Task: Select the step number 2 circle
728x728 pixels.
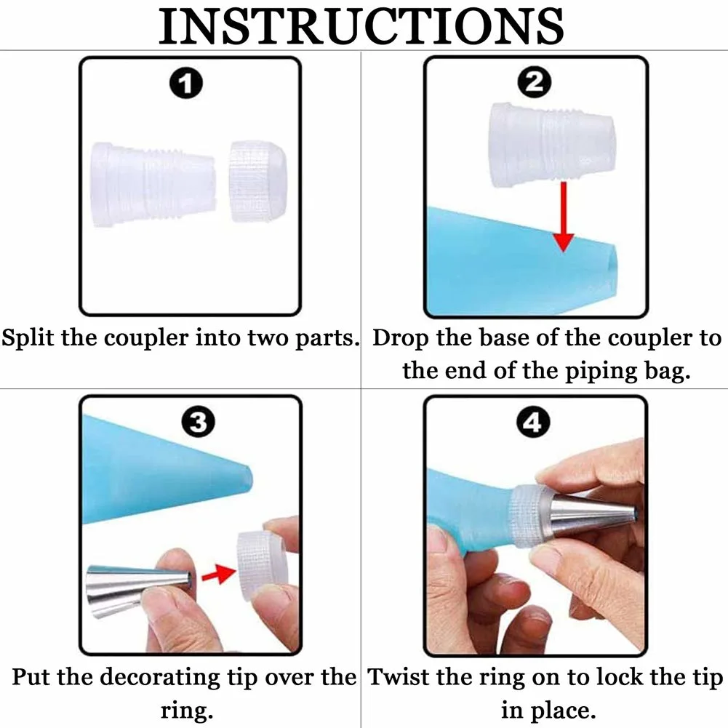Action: pyautogui.click(x=535, y=84)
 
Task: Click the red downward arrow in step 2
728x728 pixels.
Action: pyautogui.click(x=563, y=218)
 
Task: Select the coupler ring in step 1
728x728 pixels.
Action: pyautogui.click(x=257, y=182)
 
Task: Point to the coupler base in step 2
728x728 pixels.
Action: pyautogui.click(x=553, y=145)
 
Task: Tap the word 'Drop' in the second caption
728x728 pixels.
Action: pyautogui.click(x=401, y=339)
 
